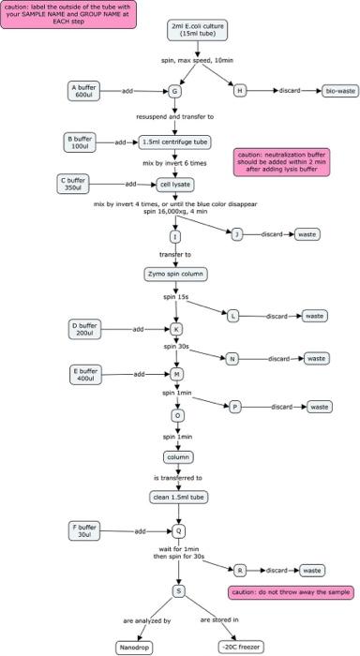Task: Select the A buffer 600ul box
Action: pos(82,91)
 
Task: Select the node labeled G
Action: pos(175,92)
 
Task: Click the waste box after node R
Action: pos(315,570)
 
